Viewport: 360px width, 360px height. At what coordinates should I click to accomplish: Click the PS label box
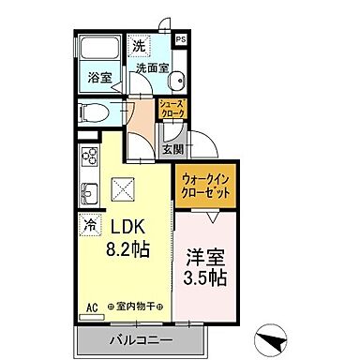click(180, 38)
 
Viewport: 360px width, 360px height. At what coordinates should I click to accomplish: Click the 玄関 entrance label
click(172, 148)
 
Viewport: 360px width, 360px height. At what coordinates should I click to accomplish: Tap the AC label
click(92, 306)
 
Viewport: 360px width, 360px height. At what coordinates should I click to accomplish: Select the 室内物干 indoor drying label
click(137, 306)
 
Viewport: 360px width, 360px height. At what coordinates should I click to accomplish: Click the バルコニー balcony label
click(138, 338)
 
